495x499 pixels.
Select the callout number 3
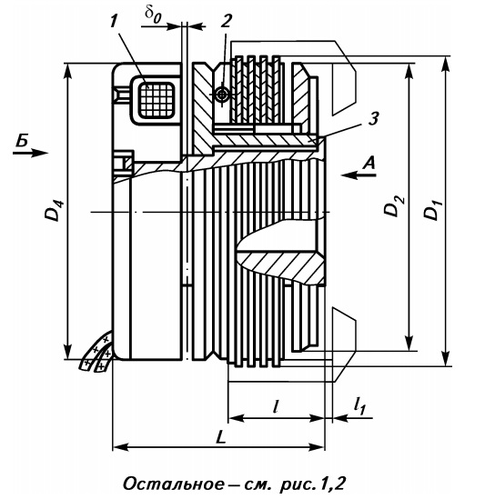(373, 119)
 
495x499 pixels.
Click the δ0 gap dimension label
(153, 15)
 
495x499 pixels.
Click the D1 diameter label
(431, 210)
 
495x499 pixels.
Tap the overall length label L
(220, 437)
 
